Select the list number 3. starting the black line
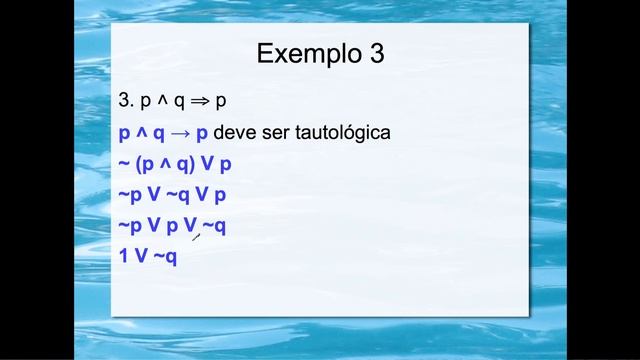point(126,102)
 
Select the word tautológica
point(341,133)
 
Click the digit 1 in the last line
point(123,256)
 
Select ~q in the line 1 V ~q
point(165,256)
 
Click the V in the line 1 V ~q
point(141,256)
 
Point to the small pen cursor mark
point(196,236)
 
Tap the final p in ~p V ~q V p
point(219,196)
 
